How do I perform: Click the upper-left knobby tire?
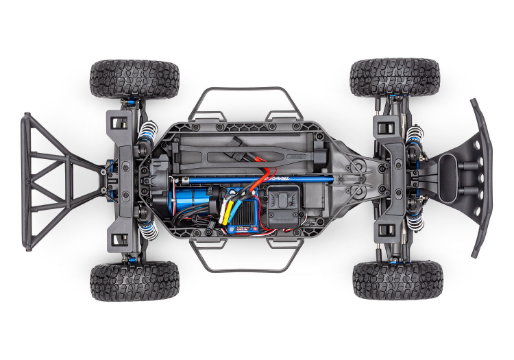(x=134, y=78)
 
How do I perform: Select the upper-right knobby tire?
(x=394, y=77)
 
